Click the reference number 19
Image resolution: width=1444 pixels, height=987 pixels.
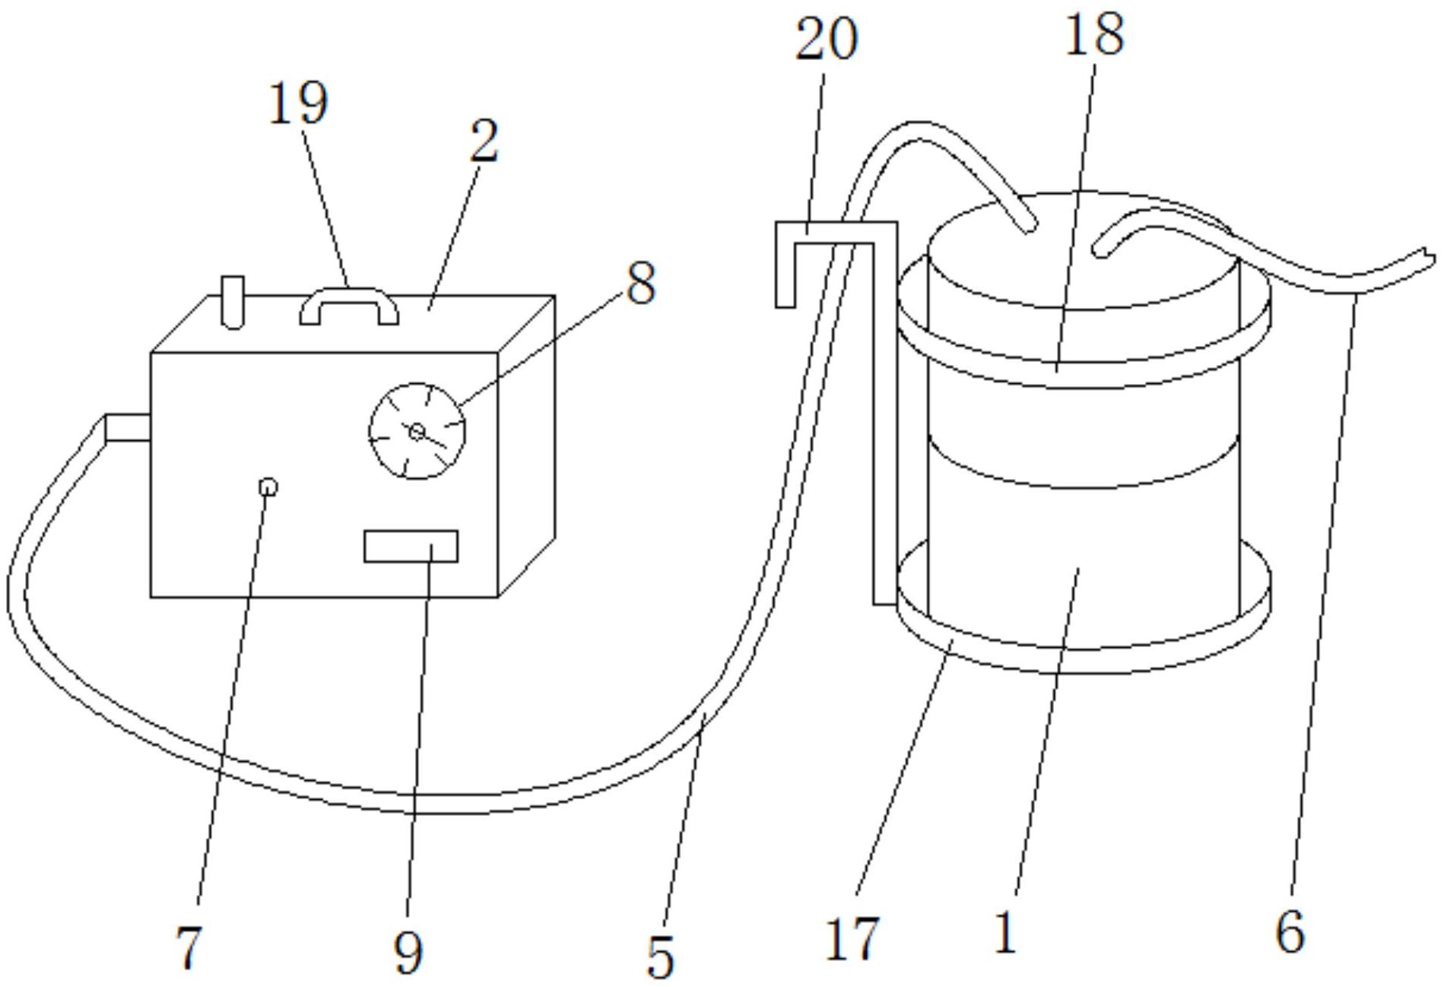(299, 103)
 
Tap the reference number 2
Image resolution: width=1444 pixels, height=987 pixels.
(484, 141)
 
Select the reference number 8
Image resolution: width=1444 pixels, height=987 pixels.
(641, 284)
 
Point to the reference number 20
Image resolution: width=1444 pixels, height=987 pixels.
(827, 39)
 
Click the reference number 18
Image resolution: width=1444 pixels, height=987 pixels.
(1094, 34)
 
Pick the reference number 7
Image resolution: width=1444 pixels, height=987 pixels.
(189, 948)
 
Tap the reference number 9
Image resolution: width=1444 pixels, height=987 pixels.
(408, 953)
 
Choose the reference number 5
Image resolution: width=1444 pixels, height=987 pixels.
(660, 957)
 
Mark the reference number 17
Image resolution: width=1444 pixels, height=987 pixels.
(852, 939)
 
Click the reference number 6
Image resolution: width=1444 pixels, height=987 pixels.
(1290, 932)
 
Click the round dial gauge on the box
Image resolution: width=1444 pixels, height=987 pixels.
(417, 431)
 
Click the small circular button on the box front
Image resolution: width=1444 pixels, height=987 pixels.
(268, 487)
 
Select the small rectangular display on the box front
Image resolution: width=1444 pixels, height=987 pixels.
(411, 547)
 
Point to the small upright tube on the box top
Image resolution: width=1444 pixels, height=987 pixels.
(233, 302)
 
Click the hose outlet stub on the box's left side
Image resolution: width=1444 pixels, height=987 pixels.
(128, 428)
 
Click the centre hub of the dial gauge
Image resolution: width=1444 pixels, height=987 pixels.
(417, 432)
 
